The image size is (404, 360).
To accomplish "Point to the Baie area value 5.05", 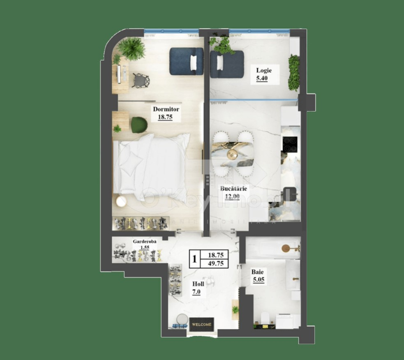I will tap(259, 281).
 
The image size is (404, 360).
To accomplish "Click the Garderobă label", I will tap(143, 242).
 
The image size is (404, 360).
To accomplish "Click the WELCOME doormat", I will tap(201, 324).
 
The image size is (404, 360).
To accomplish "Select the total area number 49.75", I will tap(216, 264).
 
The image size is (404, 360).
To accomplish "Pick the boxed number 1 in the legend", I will tap(194, 259).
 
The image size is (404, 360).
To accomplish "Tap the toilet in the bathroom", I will tap(265, 318).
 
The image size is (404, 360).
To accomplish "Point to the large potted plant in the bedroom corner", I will tap(131, 48).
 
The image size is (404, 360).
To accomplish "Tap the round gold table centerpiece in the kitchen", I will tap(233, 154).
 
